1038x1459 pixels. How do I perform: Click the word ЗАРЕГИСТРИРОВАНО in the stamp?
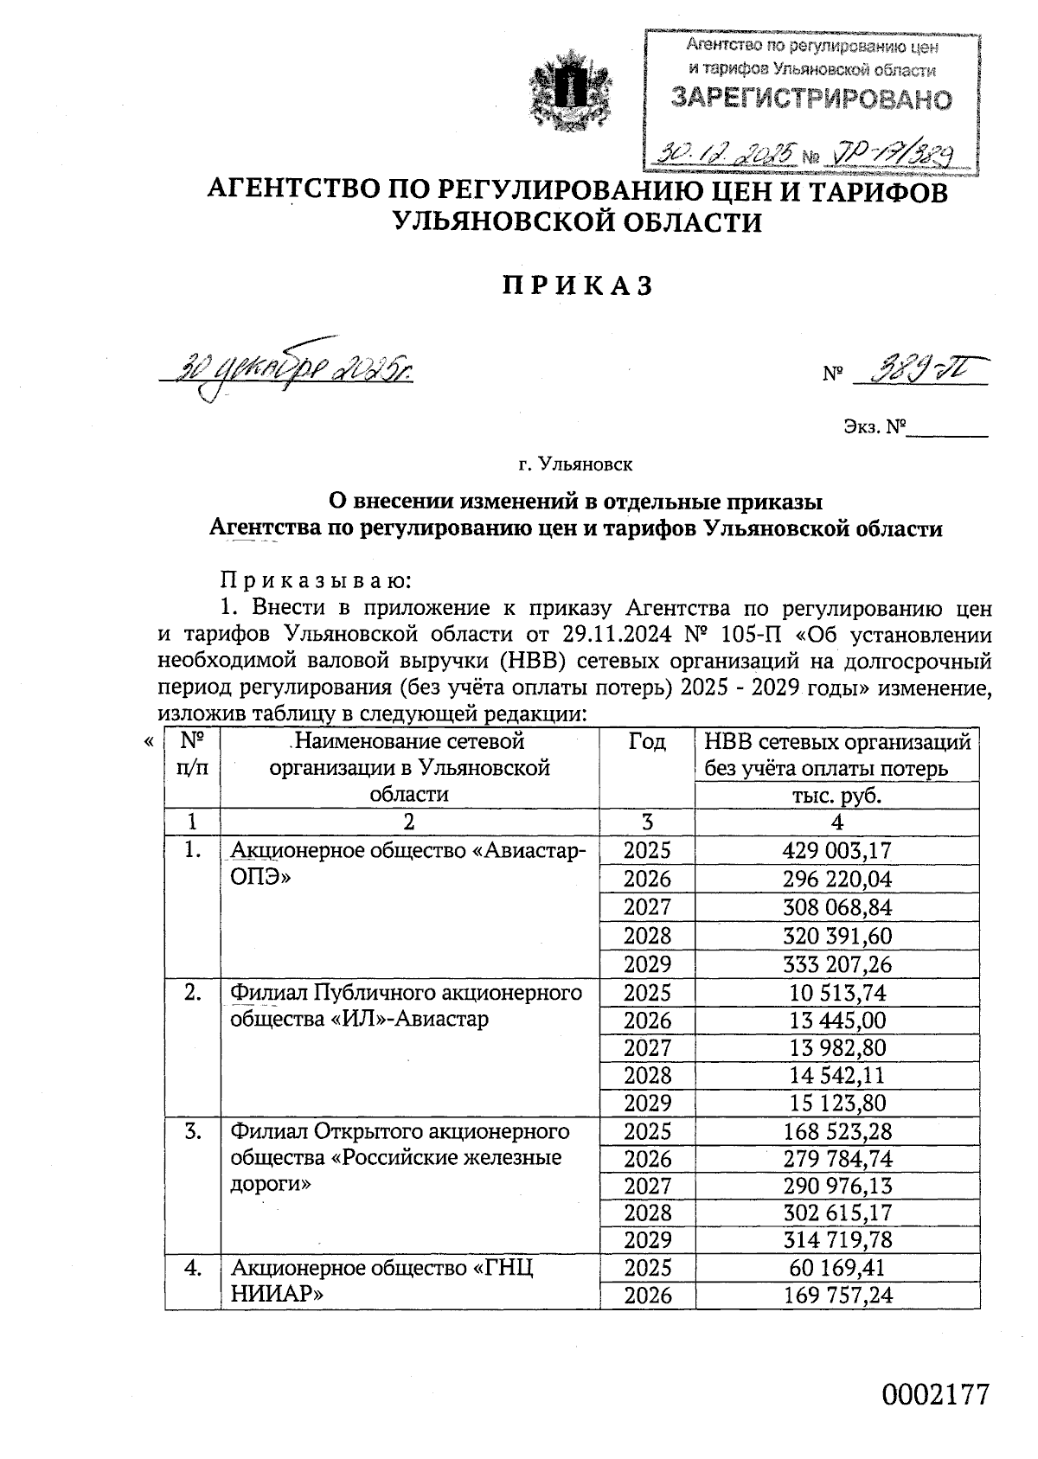tap(811, 99)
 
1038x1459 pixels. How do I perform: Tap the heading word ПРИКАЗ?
tap(577, 285)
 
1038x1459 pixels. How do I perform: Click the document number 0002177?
tap(934, 1395)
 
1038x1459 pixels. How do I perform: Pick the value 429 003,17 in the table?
tap(836, 850)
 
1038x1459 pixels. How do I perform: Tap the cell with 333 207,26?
tap(836, 964)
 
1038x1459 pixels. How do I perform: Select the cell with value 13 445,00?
tap(836, 1021)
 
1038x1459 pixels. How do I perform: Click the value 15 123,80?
tap(836, 1104)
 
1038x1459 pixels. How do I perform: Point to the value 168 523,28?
tap(836, 1131)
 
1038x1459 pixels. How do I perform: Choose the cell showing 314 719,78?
tap(836, 1240)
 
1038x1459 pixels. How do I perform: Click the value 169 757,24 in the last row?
tap(836, 1296)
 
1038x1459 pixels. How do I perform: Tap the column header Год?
tap(646, 742)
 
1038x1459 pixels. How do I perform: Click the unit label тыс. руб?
tap(836, 796)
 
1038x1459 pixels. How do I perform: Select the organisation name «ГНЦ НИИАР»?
tap(381, 1281)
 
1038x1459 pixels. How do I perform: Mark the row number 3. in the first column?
tap(193, 1131)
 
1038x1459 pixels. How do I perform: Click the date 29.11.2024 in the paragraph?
tap(616, 634)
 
